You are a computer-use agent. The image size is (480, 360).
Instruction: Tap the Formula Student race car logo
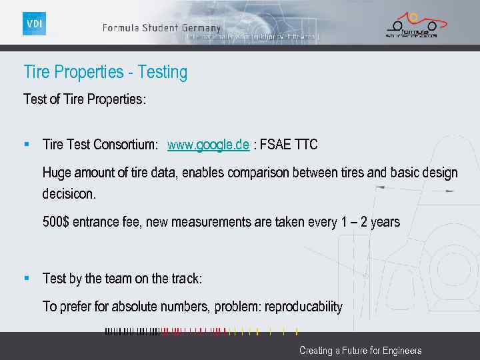(411, 25)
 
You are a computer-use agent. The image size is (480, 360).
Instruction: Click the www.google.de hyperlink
(208, 145)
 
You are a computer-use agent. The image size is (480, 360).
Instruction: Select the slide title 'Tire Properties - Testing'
(105, 72)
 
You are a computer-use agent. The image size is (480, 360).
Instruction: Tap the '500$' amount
(55, 222)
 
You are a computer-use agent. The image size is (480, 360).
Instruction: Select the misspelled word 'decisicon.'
(69, 195)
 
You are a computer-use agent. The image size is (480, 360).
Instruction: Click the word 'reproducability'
(303, 307)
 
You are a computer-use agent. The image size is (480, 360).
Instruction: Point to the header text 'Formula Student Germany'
(161, 28)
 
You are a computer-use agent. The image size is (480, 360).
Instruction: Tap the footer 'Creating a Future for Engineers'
(360, 350)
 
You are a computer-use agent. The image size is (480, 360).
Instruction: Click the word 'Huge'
(56, 173)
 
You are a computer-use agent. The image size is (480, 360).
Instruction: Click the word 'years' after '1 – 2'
(385, 222)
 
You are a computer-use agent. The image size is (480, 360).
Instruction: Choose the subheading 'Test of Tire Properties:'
(85, 99)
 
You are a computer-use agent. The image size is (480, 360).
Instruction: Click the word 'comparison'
(258, 173)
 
